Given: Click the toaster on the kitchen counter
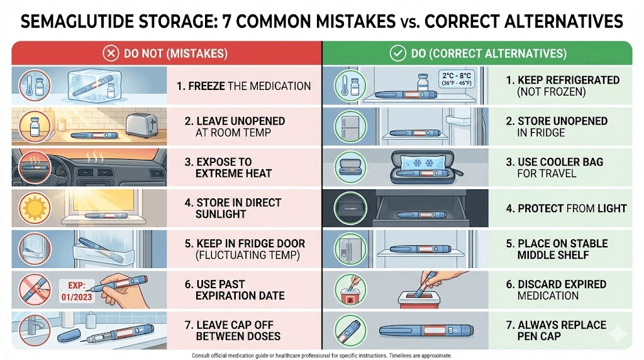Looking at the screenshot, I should (x=142, y=125).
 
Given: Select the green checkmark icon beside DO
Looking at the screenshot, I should (x=397, y=53).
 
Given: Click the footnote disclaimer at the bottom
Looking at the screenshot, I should (x=321, y=355).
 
